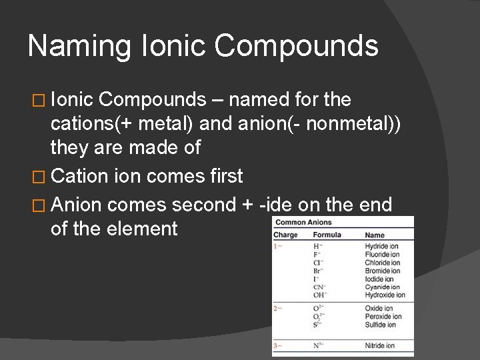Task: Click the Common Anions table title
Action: (304, 223)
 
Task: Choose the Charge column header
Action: (285, 235)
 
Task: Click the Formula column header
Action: (327, 235)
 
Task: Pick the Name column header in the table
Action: (375, 235)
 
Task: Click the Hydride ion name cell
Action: (382, 247)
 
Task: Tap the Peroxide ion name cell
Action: (384, 317)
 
